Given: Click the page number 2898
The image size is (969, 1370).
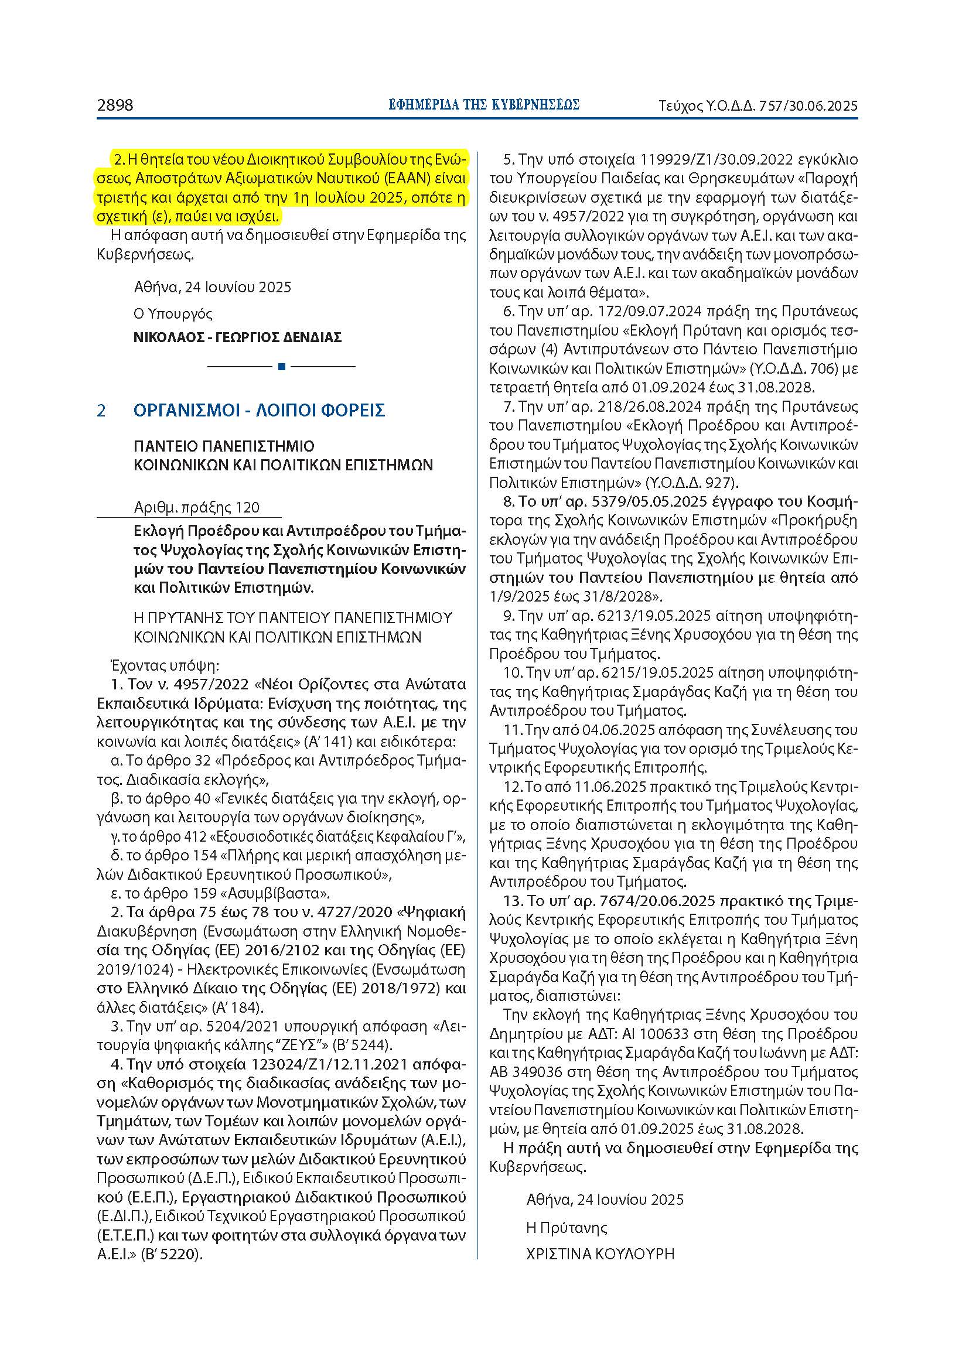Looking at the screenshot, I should coord(115,105).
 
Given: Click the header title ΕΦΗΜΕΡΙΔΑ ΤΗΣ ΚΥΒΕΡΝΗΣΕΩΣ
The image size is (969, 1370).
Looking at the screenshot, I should coord(484,105).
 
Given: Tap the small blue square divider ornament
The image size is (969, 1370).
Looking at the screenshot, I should coord(282,366).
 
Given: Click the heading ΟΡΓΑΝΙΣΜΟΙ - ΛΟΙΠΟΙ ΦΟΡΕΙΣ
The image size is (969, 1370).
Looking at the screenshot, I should coord(259,411).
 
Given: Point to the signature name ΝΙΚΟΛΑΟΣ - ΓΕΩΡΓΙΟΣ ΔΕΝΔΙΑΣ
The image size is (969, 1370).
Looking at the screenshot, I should coord(237,338).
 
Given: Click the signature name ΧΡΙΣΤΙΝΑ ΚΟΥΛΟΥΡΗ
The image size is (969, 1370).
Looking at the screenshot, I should coord(600,1254).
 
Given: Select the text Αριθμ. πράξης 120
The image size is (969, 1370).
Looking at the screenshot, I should coord(197,508).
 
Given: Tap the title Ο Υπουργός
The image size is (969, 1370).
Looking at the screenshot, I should coord(173,314).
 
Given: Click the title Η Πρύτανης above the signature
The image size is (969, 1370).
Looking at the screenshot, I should coord(567,1228).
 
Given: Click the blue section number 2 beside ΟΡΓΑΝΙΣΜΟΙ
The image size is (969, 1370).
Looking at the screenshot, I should coord(101,411).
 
